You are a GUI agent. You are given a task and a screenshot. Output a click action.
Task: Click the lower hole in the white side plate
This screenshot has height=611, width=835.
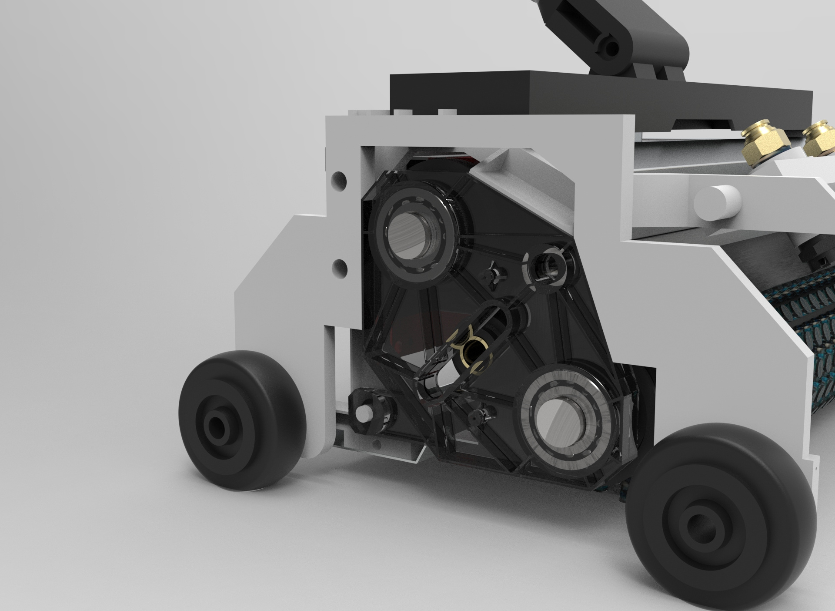tap(340, 265)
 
